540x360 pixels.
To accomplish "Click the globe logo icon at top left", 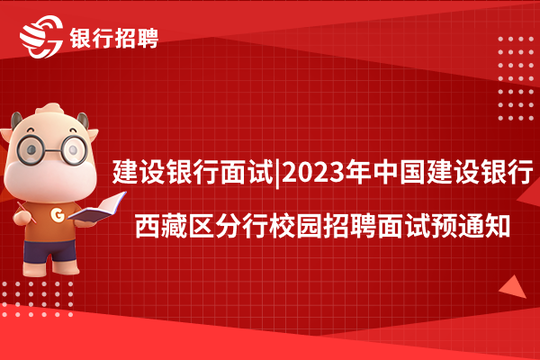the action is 41,37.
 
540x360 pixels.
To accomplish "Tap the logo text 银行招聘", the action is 114,38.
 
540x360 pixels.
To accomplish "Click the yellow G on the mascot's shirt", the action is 58,214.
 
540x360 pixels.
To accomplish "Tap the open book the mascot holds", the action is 97,207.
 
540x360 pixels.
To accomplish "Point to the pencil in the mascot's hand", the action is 26,212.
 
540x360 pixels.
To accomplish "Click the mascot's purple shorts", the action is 49,250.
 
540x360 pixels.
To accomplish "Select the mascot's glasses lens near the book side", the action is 74,149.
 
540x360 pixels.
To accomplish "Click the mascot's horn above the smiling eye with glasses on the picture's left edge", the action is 16,121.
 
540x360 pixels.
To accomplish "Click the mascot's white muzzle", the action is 50,180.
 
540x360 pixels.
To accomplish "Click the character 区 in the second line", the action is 202,226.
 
